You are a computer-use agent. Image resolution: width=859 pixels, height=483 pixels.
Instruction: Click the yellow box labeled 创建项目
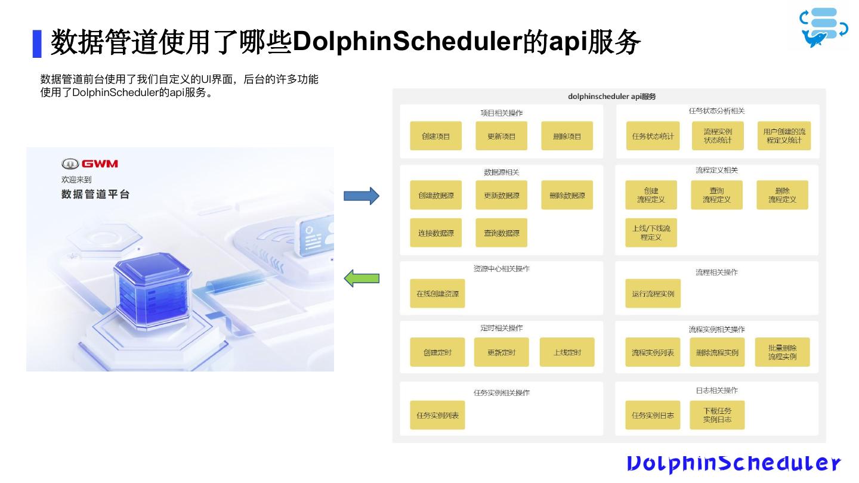click(435, 136)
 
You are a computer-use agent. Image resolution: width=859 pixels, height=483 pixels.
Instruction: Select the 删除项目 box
click(567, 136)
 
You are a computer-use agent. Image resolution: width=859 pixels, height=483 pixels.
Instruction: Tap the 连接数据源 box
click(435, 233)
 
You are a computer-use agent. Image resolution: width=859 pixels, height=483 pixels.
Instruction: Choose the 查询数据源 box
click(501, 233)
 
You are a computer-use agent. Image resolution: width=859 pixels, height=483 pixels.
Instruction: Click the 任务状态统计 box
click(653, 136)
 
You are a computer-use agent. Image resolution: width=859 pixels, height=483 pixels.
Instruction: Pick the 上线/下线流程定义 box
click(651, 233)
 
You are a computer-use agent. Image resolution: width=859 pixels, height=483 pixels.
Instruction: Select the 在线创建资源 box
click(437, 293)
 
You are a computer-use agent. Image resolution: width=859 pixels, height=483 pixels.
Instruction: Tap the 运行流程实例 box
click(653, 293)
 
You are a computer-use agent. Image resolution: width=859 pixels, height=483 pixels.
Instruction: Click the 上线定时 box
click(567, 352)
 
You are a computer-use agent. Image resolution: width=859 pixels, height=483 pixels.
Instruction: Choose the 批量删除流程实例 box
click(782, 352)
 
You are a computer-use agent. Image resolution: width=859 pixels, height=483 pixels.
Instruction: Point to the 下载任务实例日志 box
click(717, 415)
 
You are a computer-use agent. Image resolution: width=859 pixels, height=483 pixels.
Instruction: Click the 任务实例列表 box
click(437, 415)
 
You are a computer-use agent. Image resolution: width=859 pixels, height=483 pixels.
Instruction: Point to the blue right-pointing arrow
click(361, 196)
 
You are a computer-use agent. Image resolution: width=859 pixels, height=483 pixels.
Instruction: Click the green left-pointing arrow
click(361, 278)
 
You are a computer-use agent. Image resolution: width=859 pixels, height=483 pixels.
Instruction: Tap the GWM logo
click(89, 163)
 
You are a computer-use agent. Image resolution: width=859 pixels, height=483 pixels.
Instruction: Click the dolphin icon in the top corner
click(824, 27)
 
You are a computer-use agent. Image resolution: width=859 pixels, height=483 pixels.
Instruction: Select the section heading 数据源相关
click(501, 172)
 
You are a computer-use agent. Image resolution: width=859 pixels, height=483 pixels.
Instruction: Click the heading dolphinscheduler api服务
click(611, 96)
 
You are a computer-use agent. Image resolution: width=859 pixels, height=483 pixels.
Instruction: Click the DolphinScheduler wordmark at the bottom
click(733, 463)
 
